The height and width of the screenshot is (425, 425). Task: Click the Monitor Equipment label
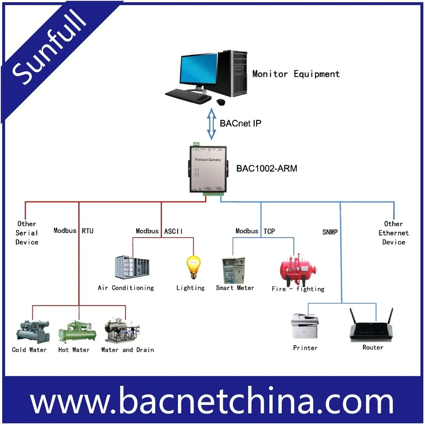pos(296,74)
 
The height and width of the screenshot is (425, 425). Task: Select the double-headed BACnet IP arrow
pos(211,124)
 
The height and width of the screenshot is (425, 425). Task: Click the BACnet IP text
pos(240,124)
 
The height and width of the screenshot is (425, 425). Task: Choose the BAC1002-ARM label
pos(266,169)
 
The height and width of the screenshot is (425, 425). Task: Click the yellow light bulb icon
pos(193,266)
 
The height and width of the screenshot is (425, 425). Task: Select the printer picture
pos(305,326)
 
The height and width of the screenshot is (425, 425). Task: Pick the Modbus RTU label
pos(74,231)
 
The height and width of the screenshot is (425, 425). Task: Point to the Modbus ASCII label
pos(159,231)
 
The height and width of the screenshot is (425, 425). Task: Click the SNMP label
pos(329,232)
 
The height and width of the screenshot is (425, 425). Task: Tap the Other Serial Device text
pos(27,233)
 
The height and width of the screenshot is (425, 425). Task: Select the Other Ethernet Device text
pos(394,233)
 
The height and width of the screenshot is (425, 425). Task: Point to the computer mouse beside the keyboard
pos(221,102)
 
